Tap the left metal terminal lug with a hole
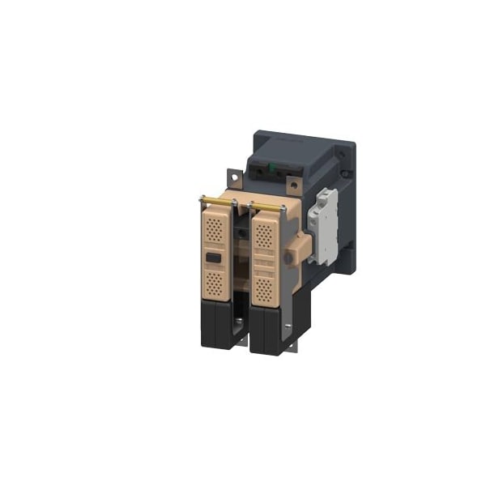[233, 175]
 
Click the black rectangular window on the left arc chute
[213, 259]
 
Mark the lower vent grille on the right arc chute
[264, 289]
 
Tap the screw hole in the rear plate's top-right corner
[350, 149]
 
